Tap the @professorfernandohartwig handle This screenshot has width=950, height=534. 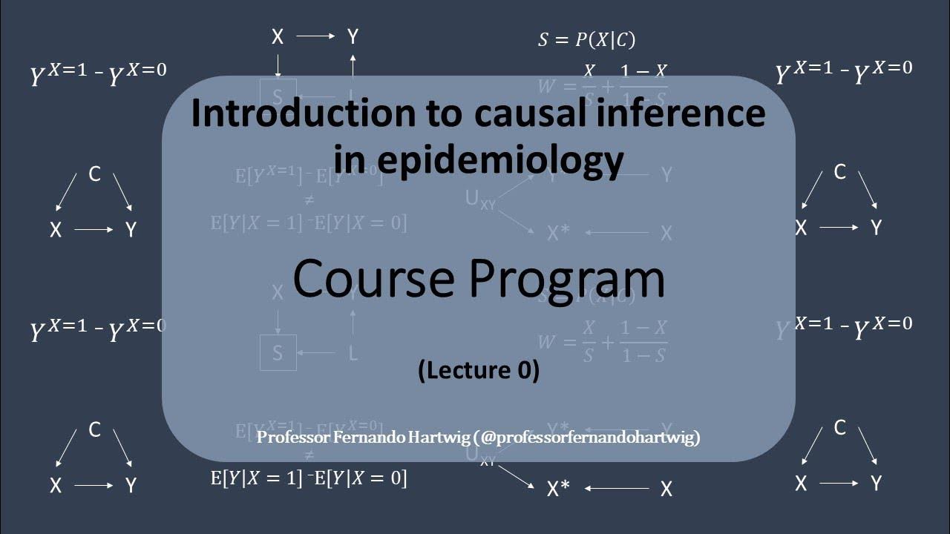(589, 438)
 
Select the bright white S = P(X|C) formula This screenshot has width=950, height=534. (586, 40)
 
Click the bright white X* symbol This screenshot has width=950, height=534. (558, 489)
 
